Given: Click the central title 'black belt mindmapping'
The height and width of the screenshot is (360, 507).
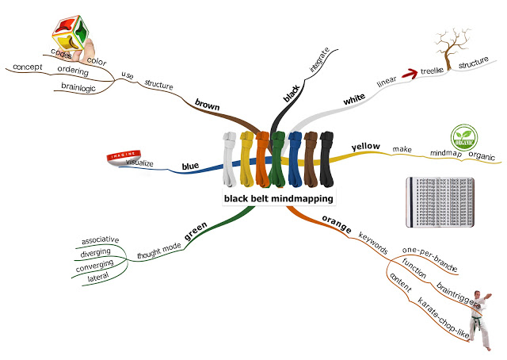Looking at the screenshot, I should coord(277,199).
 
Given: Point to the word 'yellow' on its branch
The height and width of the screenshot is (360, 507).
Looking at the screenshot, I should coord(366,147).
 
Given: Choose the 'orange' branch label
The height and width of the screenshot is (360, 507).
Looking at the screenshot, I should coord(336,220).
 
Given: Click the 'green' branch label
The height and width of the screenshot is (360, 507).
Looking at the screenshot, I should coord(195,229).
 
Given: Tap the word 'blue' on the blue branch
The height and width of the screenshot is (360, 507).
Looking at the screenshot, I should coord(190,166).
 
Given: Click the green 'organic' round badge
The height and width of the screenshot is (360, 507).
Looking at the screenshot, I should coord(467,136).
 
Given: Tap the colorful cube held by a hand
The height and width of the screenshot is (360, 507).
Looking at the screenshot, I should coord(74,36).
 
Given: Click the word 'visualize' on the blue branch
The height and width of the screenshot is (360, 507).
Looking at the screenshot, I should coord(139,164).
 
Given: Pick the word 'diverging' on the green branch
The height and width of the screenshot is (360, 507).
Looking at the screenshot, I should coord(96,253).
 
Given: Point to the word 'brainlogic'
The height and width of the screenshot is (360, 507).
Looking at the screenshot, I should coord(78,88).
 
